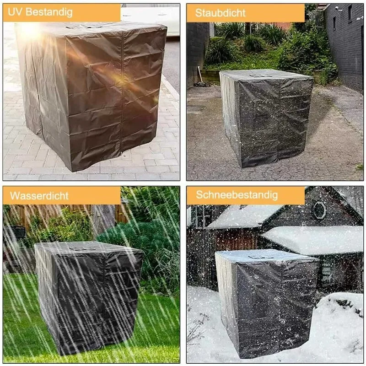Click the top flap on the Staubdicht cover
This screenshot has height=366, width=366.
[264, 73]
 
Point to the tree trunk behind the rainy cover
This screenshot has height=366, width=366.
[104, 220]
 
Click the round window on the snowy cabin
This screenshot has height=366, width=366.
[319, 210]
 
